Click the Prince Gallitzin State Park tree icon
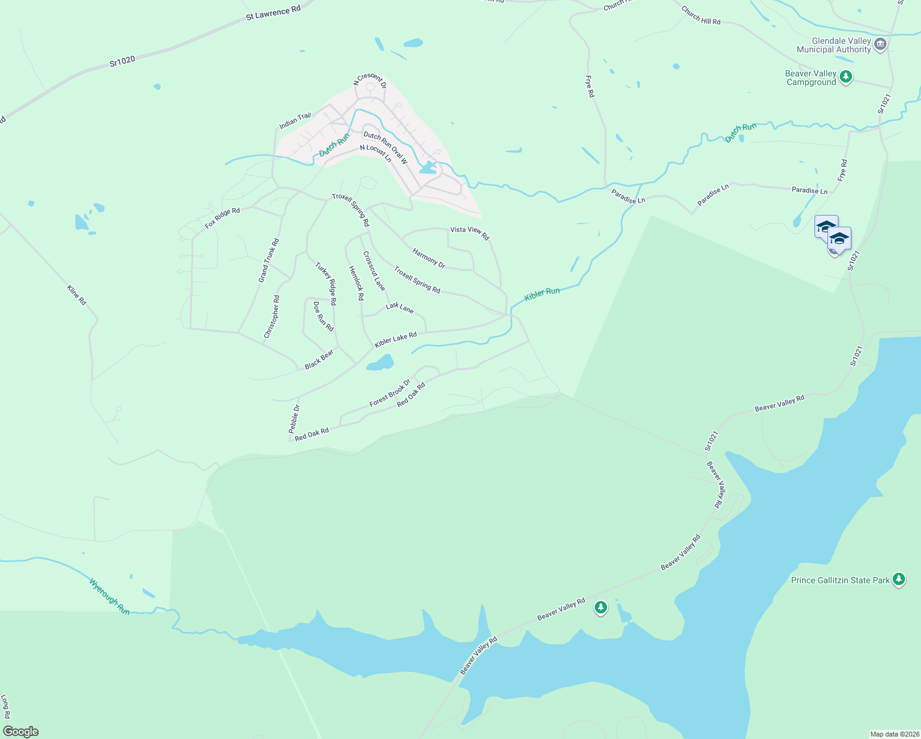coord(899,579)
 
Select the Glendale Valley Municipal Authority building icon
coord(880,44)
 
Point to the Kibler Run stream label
coord(542,294)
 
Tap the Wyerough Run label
coord(110,596)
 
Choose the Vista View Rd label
coord(469,233)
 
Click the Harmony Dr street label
coord(428,258)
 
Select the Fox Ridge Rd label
coord(222,218)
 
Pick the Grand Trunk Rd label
coord(268,260)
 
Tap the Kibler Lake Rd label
coord(395,339)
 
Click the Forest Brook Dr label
coord(389,393)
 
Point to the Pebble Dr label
coord(294,419)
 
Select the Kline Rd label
coord(77,294)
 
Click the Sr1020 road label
coord(122,61)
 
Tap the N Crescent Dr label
coord(369,81)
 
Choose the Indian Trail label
coord(296,121)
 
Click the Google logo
coord(21,732)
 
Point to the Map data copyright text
coord(894,734)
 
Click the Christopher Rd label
coord(271,317)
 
